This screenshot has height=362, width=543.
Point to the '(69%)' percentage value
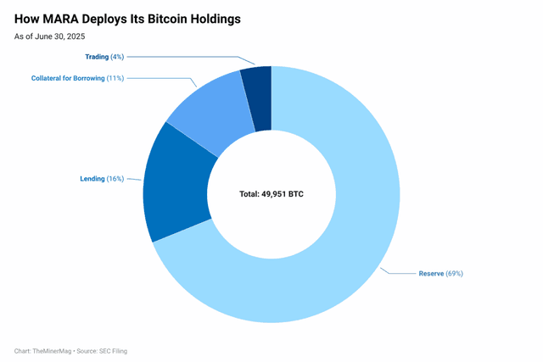click(454, 274)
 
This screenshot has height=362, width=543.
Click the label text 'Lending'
click(92, 179)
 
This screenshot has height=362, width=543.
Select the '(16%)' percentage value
click(115, 179)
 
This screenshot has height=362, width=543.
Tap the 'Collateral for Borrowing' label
click(68, 78)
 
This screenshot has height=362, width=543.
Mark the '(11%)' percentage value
click(115, 78)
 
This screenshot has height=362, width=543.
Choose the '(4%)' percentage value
click(117, 57)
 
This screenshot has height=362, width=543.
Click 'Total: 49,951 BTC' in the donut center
click(271, 194)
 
